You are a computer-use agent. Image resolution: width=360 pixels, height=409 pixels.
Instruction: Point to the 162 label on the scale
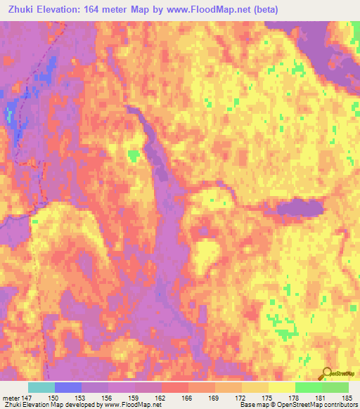tap(160, 397)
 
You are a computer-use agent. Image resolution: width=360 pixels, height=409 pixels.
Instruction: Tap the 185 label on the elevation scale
tap(345, 397)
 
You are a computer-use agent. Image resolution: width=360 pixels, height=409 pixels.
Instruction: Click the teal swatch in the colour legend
tap(41, 387)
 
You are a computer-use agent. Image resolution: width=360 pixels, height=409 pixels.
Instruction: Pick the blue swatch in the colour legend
tap(68, 387)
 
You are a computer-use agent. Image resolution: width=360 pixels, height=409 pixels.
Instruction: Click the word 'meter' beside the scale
tap(11, 397)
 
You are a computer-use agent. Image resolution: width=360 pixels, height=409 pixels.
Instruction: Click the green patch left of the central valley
tap(132, 155)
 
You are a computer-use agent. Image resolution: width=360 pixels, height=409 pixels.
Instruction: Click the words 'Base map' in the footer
tap(251, 405)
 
